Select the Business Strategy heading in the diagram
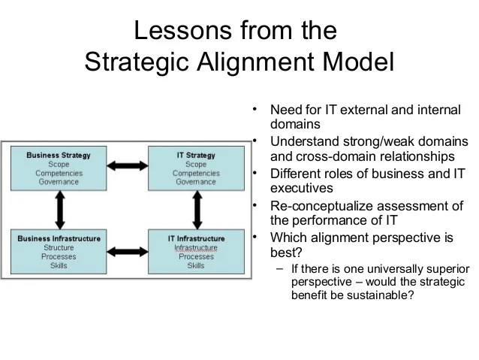tap(59, 156)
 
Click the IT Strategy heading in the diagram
tap(195, 156)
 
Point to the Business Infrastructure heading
tap(59, 239)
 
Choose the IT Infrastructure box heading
tap(195, 239)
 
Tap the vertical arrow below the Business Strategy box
tap(58, 204)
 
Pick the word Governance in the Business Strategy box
tap(59, 182)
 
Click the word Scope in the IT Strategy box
tap(195, 165)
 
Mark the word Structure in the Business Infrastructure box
tap(59, 248)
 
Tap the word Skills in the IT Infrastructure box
tap(195, 265)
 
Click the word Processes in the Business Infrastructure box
tap(59, 257)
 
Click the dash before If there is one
tap(279, 269)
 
